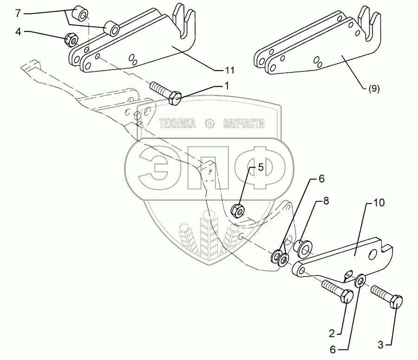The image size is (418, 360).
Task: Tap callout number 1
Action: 227,85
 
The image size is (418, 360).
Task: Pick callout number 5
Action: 260,168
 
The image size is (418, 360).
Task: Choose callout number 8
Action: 326,201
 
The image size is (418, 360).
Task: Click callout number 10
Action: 379,203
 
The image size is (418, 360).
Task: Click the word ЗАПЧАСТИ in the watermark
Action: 244,123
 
